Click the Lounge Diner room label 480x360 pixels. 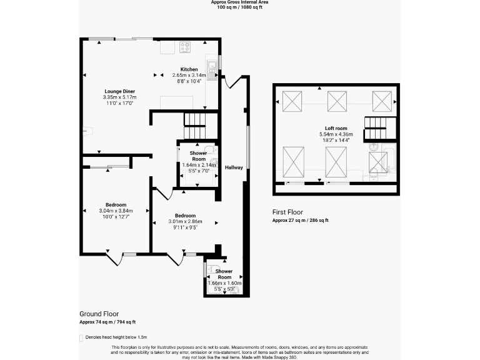point(119,92)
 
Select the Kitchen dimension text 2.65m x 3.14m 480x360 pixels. point(189,75)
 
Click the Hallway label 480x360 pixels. point(234,167)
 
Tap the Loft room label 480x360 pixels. point(336,128)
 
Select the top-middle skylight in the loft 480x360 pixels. point(337,101)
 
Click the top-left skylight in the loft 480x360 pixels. point(292,101)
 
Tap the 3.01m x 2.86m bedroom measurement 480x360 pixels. point(184,221)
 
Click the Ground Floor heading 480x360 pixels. point(99,314)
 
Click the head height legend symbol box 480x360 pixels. point(81,337)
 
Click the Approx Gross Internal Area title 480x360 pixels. point(239,2)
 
